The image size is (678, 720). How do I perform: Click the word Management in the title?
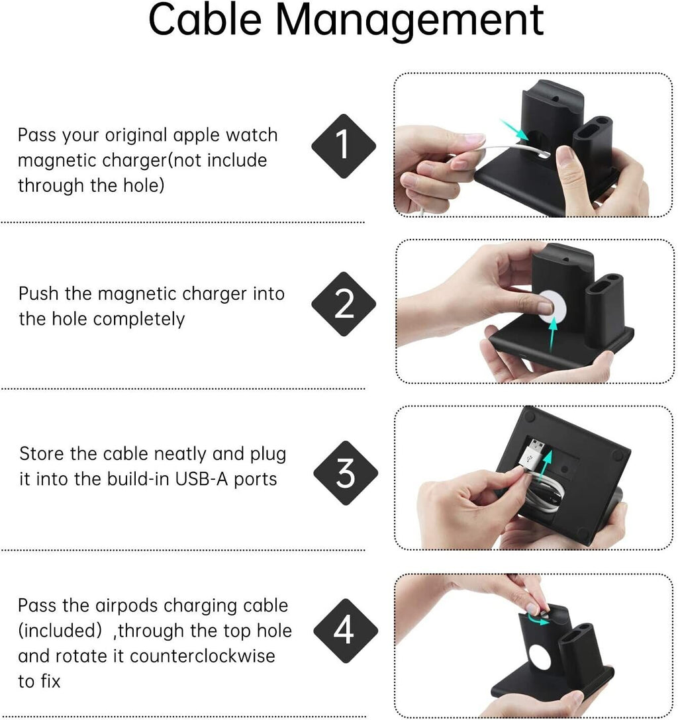[410, 22]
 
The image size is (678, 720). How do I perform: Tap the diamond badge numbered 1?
[344, 146]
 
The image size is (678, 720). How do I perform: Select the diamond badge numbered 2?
[344, 304]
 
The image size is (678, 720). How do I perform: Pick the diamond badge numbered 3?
[346, 473]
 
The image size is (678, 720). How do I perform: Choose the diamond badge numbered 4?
[346, 631]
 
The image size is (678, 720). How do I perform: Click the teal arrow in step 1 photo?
[514, 130]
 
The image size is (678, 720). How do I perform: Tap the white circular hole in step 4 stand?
[540, 660]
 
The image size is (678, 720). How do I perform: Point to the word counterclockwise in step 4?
[203, 656]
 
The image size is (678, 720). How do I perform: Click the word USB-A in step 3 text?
[202, 479]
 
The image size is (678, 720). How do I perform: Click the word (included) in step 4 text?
[60, 631]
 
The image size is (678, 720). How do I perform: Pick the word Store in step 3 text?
[42, 454]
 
